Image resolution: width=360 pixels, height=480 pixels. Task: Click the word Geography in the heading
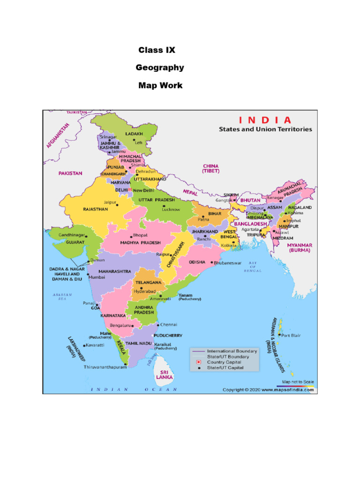(160, 68)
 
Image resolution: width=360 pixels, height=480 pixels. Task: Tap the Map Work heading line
(160, 86)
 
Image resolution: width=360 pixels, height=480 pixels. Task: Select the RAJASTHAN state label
(95, 209)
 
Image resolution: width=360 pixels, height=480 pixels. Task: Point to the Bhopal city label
(140, 235)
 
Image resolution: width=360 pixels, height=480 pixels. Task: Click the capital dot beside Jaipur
(118, 205)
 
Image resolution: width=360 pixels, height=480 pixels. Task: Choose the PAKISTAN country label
(70, 173)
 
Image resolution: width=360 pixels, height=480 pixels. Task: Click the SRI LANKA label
(165, 374)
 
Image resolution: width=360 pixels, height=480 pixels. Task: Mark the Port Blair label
(291, 335)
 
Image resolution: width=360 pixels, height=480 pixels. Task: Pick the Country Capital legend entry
(225, 362)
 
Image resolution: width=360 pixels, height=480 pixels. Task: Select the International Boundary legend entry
(232, 351)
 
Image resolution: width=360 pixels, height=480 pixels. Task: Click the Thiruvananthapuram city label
(105, 367)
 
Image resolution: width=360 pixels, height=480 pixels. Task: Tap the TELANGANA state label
(149, 283)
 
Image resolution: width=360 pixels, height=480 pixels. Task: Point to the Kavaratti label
(95, 345)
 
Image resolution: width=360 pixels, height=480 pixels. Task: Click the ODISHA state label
(198, 262)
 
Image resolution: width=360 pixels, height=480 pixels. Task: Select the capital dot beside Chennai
(157, 324)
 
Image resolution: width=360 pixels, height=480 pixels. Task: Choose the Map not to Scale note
(298, 382)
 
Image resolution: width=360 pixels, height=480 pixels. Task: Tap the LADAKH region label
(134, 134)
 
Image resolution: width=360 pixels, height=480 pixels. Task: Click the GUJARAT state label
(75, 242)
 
